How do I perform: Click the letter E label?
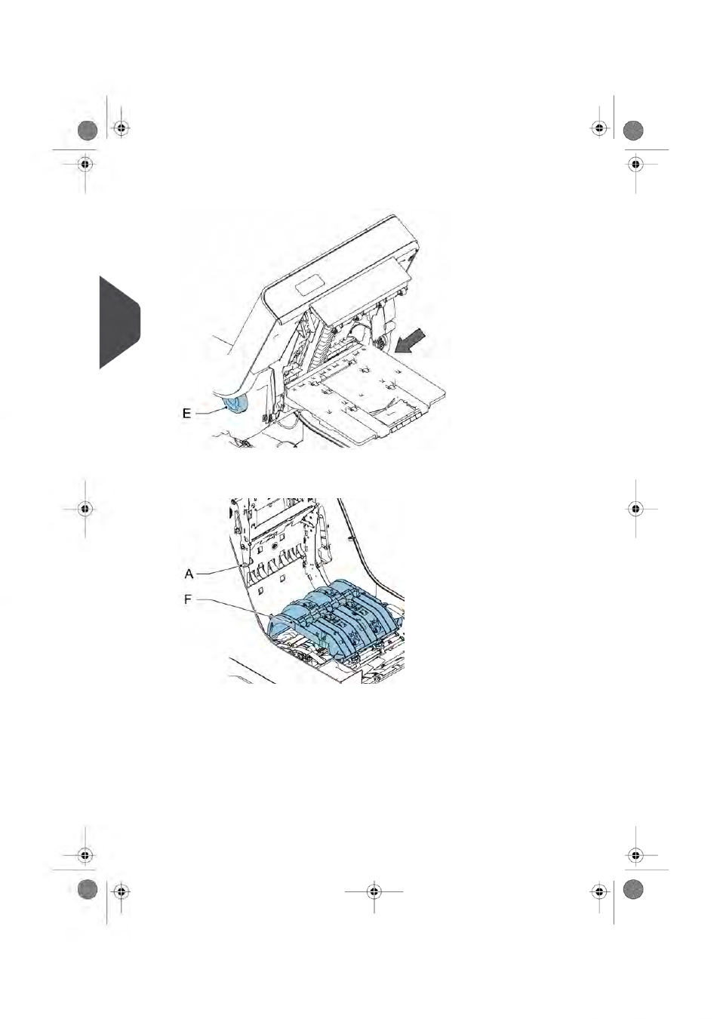click(186, 414)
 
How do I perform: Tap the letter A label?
click(189, 574)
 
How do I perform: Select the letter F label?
click(188, 600)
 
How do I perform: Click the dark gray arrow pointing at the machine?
click(411, 340)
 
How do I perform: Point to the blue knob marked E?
click(235, 404)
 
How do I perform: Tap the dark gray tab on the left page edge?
click(119, 322)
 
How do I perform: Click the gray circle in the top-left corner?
click(88, 131)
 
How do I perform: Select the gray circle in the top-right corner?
click(632, 131)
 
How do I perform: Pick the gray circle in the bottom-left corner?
click(88, 889)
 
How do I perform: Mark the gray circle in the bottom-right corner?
click(632, 889)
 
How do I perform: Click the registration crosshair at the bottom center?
click(374, 891)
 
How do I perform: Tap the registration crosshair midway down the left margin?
click(85, 508)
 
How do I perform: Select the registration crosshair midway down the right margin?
click(635, 508)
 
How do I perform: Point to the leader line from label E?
click(210, 411)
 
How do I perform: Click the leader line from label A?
click(220, 571)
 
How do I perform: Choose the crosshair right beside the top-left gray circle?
click(121, 129)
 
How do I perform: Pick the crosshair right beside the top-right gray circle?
click(599, 129)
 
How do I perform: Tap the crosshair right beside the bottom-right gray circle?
click(599, 891)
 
